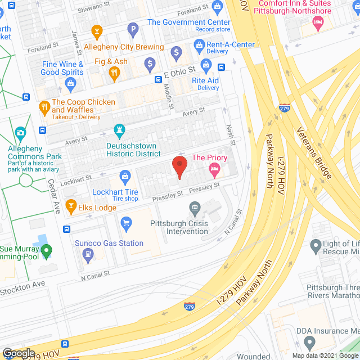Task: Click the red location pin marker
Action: (x=179, y=167)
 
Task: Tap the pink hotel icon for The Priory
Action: (x=214, y=169)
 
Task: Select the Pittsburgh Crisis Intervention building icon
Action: (x=195, y=210)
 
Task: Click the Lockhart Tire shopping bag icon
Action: (x=125, y=177)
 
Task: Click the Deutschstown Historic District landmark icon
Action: (x=119, y=131)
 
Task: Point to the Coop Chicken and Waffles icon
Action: (x=44, y=107)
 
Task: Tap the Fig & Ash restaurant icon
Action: (x=114, y=73)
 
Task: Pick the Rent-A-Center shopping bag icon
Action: (x=198, y=44)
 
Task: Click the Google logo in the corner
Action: (x=18, y=353)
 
